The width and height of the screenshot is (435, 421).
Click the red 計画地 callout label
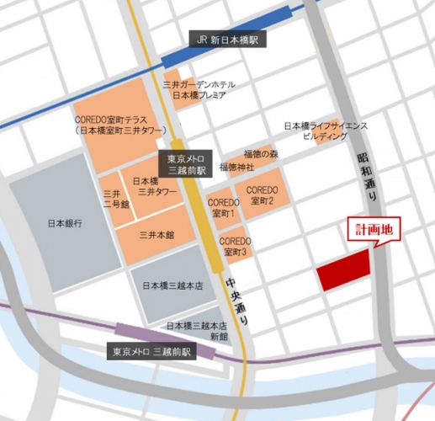[375, 228]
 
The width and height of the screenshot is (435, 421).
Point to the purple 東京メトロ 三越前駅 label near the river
[153, 351]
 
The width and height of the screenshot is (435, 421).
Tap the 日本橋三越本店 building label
[173, 285]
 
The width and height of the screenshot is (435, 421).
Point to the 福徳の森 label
[261, 153]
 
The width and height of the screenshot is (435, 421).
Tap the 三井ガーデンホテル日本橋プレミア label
[199, 90]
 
